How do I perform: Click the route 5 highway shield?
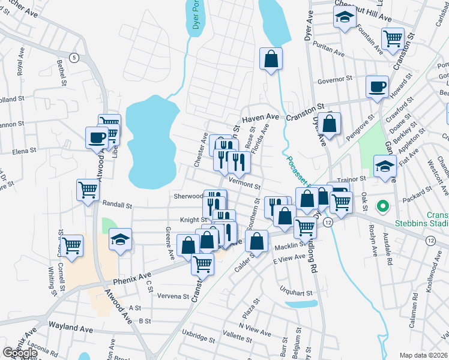74,58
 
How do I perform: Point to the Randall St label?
116,205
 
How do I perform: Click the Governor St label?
334,79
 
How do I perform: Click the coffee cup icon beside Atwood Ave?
97,137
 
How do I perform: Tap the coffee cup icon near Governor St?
377,86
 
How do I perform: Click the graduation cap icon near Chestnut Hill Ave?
344,18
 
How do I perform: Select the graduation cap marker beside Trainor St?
384,166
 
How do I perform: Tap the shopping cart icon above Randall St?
88,190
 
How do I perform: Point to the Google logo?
20,353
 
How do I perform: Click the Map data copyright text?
423,355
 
